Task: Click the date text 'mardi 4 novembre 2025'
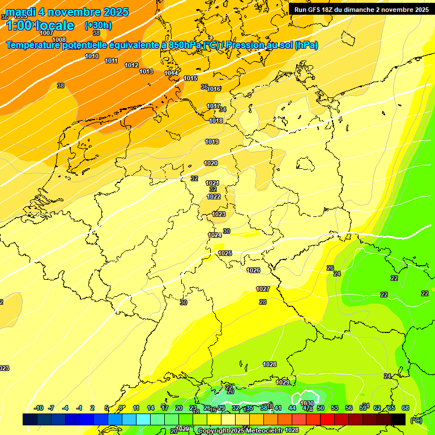coord(67,12)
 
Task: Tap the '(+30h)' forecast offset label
coord(98,25)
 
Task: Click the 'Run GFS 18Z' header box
coord(361,9)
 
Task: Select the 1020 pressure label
coord(211,163)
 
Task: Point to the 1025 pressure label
coord(225,253)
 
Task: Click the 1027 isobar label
coord(263,289)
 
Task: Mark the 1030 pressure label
coord(307,403)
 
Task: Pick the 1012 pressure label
coord(131,65)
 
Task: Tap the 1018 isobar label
coord(216,121)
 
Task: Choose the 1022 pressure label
coord(214,197)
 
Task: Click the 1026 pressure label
coord(253,270)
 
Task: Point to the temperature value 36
coord(204,87)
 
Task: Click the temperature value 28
coord(263,302)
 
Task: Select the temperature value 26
coord(330,267)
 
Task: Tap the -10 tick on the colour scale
coord(39,408)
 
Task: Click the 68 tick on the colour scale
coord(406,408)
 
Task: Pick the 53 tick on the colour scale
coord(335,408)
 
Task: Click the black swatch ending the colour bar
coord(399,419)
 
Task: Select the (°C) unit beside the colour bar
coord(416,420)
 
